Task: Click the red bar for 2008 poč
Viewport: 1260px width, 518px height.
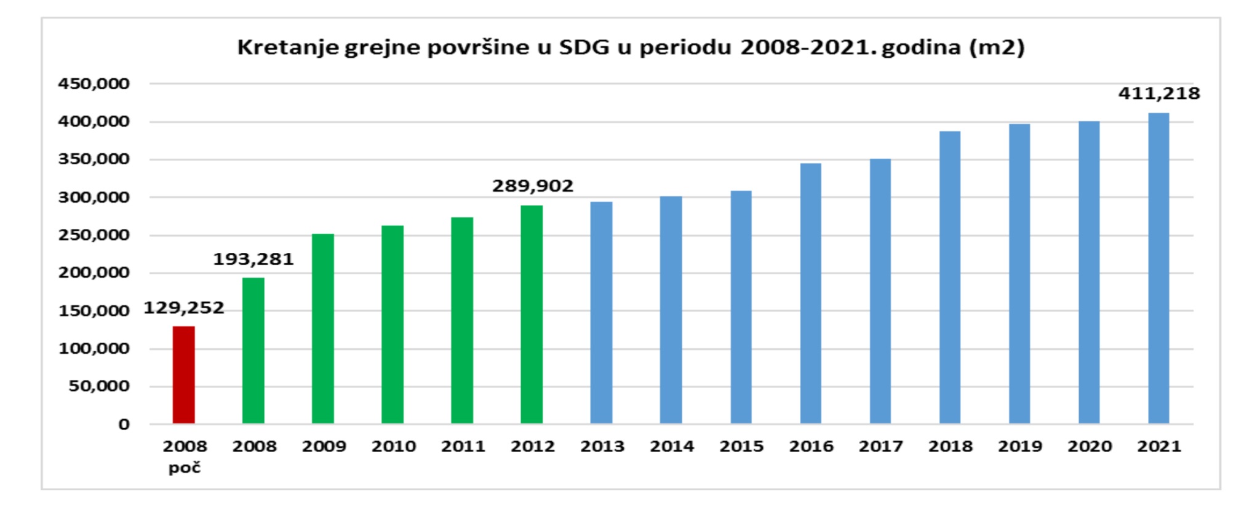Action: (183, 375)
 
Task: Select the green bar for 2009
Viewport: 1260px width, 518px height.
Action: (323, 329)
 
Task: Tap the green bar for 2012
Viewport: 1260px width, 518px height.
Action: (532, 314)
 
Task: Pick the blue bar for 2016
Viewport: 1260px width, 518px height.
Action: (811, 293)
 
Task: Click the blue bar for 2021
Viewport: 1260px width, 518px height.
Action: (1158, 268)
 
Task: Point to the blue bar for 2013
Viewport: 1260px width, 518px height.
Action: (601, 313)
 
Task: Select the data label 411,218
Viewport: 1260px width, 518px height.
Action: (1159, 94)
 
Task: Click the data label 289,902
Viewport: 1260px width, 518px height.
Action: (533, 186)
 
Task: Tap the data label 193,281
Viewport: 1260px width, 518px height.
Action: (253, 259)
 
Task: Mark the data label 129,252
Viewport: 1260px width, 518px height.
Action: (184, 308)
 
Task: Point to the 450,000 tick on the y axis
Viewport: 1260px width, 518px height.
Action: (94, 84)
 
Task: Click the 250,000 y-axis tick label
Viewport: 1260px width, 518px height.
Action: (94, 235)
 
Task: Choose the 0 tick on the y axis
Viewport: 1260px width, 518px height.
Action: (124, 424)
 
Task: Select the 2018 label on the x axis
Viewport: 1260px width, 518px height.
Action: (951, 446)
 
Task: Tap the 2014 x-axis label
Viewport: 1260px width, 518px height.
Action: (672, 446)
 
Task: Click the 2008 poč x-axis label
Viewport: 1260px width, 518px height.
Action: (185, 456)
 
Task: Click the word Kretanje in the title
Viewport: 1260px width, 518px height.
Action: (288, 47)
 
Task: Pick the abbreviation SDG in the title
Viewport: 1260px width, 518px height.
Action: (585, 47)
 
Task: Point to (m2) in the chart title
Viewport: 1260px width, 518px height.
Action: (997, 47)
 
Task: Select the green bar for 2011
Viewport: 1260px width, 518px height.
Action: (462, 321)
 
